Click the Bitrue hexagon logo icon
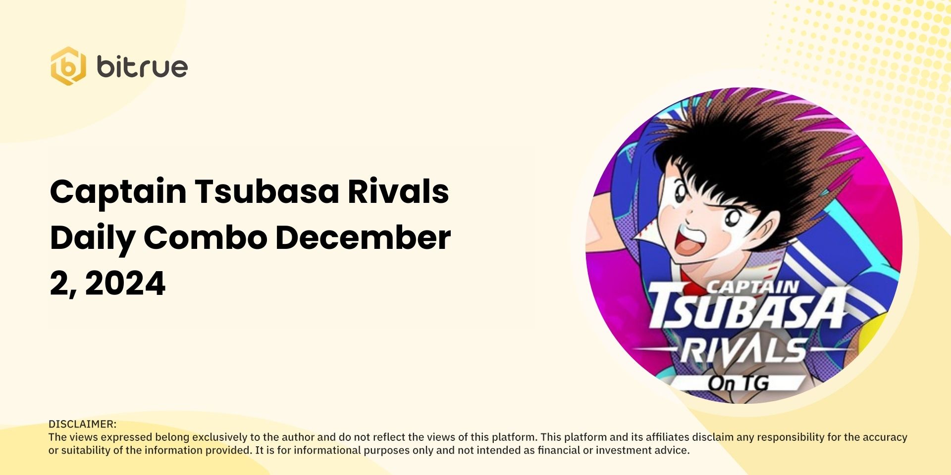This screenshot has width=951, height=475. (x=68, y=66)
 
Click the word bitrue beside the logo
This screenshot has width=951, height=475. (x=142, y=67)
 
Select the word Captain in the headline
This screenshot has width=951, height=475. (x=118, y=192)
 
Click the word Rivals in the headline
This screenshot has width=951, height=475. (x=398, y=191)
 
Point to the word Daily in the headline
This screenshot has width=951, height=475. (x=93, y=238)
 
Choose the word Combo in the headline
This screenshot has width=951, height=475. (x=205, y=237)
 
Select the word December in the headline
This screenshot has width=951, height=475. (x=363, y=237)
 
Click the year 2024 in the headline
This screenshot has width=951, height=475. (x=125, y=284)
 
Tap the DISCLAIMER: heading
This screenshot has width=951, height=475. (x=82, y=424)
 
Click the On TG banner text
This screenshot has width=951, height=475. (x=738, y=383)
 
